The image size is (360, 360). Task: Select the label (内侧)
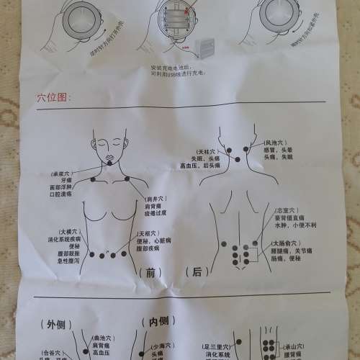158,322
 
